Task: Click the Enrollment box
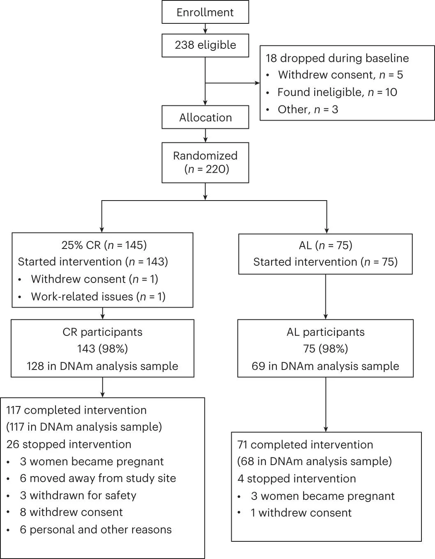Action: pyautogui.click(x=205, y=12)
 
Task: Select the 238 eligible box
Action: pyautogui.click(x=205, y=45)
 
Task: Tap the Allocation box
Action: pyautogui.click(x=205, y=117)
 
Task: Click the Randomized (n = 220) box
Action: pyautogui.click(x=205, y=162)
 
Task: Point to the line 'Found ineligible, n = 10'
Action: pyautogui.click(x=337, y=92)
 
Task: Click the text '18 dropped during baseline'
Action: pyautogui.click(x=337, y=58)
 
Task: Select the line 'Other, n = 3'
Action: pyautogui.click(x=308, y=110)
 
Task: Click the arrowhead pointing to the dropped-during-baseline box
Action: pyautogui.click(x=257, y=83)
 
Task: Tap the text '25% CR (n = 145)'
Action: pyautogui.click(x=104, y=245)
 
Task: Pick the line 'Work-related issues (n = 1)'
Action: pyautogui.click(x=98, y=297)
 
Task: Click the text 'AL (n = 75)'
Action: pyautogui.click(x=326, y=245)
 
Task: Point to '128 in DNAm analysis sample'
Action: pyautogui.click(x=102, y=366)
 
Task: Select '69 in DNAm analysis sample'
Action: pyautogui.click(x=325, y=366)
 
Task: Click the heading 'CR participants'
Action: pyautogui.click(x=102, y=332)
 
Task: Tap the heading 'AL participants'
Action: pyautogui.click(x=326, y=332)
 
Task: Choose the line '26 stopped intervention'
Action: pyautogui.click(x=69, y=444)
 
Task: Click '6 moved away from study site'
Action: pyautogui.click(x=98, y=478)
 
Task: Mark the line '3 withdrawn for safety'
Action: pyautogui.click(x=78, y=495)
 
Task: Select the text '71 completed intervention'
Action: pyautogui.click(x=305, y=445)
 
